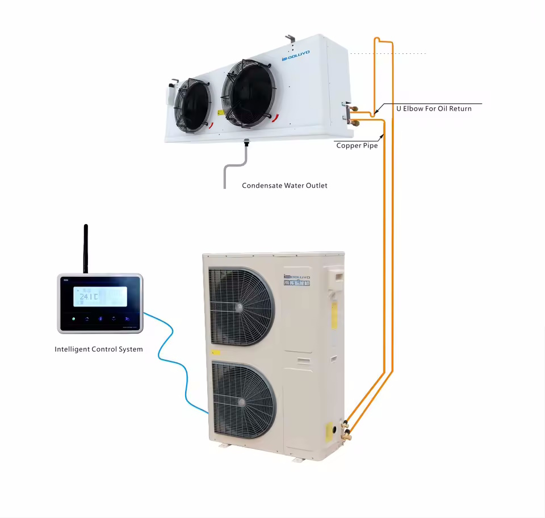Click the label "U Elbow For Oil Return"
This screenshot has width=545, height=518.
(434, 108)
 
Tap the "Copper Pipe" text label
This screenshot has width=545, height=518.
(357, 146)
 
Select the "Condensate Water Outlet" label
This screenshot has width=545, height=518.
(284, 186)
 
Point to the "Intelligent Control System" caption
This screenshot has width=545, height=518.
(99, 349)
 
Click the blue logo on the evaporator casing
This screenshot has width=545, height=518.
(295, 54)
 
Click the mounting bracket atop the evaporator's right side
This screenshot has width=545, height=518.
(291, 39)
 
